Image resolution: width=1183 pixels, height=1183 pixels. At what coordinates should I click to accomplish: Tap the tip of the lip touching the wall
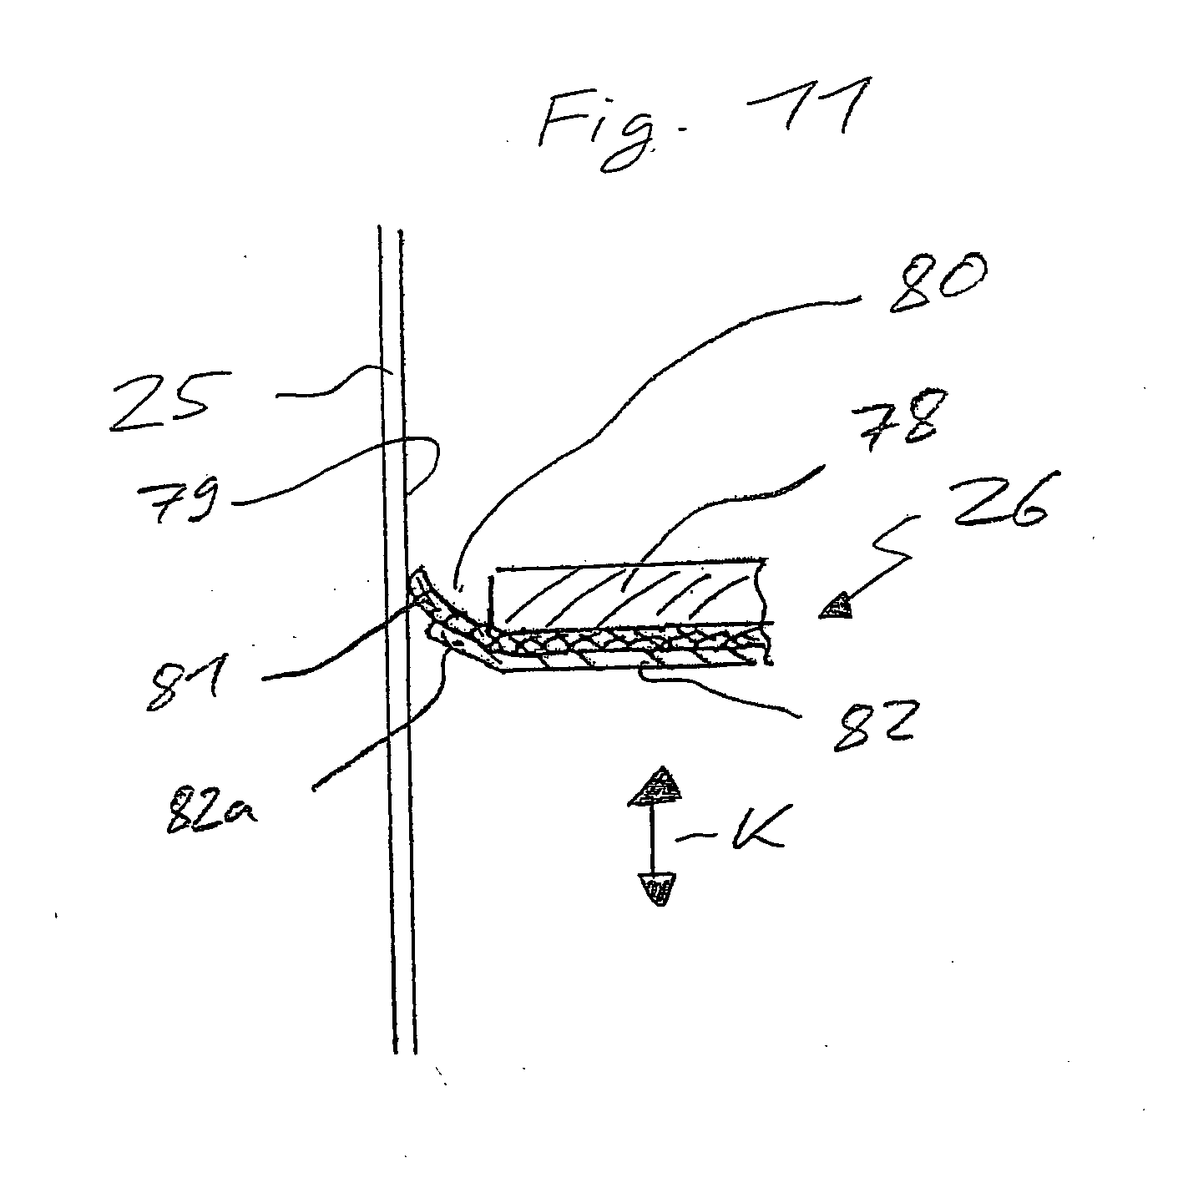click(x=417, y=574)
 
